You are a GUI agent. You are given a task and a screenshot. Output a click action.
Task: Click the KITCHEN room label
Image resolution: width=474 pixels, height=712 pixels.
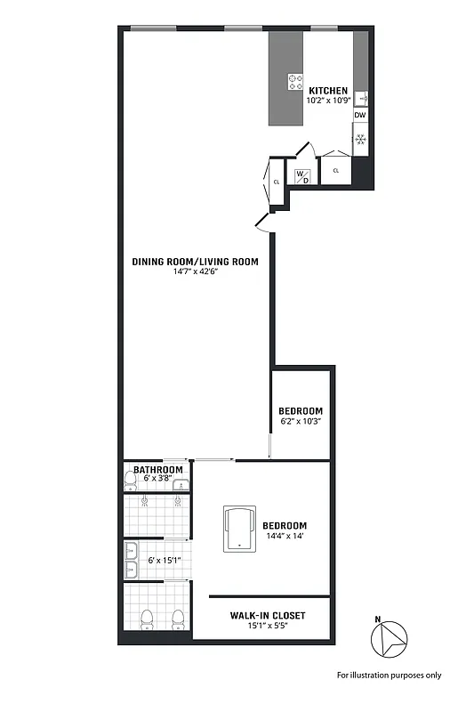(x=328, y=91)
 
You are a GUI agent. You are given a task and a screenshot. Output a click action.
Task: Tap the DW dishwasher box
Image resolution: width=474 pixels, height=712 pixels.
(x=360, y=116)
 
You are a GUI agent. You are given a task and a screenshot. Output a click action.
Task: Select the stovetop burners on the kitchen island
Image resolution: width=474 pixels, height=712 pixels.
(x=294, y=82)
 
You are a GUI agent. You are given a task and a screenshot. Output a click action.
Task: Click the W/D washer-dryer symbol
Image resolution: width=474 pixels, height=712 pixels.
(x=302, y=175)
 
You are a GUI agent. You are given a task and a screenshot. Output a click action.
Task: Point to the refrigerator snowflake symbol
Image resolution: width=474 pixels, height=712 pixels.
(x=360, y=139)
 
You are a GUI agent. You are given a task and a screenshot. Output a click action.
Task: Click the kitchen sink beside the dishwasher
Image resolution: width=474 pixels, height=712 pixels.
(x=361, y=98)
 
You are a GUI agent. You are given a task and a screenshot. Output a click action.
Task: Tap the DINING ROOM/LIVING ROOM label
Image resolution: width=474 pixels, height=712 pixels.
(x=195, y=262)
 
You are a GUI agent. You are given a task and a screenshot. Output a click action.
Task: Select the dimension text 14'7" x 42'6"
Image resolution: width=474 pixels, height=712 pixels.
(x=195, y=272)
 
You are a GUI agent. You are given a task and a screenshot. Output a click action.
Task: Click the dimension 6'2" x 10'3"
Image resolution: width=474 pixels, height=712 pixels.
(x=301, y=421)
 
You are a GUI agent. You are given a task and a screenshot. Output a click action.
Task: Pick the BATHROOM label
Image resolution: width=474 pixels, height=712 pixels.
(x=157, y=470)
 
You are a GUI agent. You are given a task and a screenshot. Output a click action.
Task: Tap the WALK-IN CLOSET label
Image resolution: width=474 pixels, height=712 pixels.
(x=268, y=616)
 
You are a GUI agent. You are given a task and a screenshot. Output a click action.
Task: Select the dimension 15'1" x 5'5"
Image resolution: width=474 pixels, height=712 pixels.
(x=268, y=627)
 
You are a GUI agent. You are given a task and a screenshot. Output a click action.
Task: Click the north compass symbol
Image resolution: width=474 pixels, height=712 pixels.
(x=388, y=637)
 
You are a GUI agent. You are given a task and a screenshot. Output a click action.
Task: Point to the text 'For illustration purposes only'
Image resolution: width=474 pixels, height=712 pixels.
(x=389, y=675)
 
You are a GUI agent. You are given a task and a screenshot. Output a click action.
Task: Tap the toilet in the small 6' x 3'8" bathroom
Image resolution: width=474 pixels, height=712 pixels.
(x=131, y=481)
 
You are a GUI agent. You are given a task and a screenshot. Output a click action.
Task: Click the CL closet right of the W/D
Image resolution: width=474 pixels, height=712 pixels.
(x=336, y=169)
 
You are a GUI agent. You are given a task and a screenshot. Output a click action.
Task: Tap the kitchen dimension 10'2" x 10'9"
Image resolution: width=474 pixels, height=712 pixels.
(x=328, y=101)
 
